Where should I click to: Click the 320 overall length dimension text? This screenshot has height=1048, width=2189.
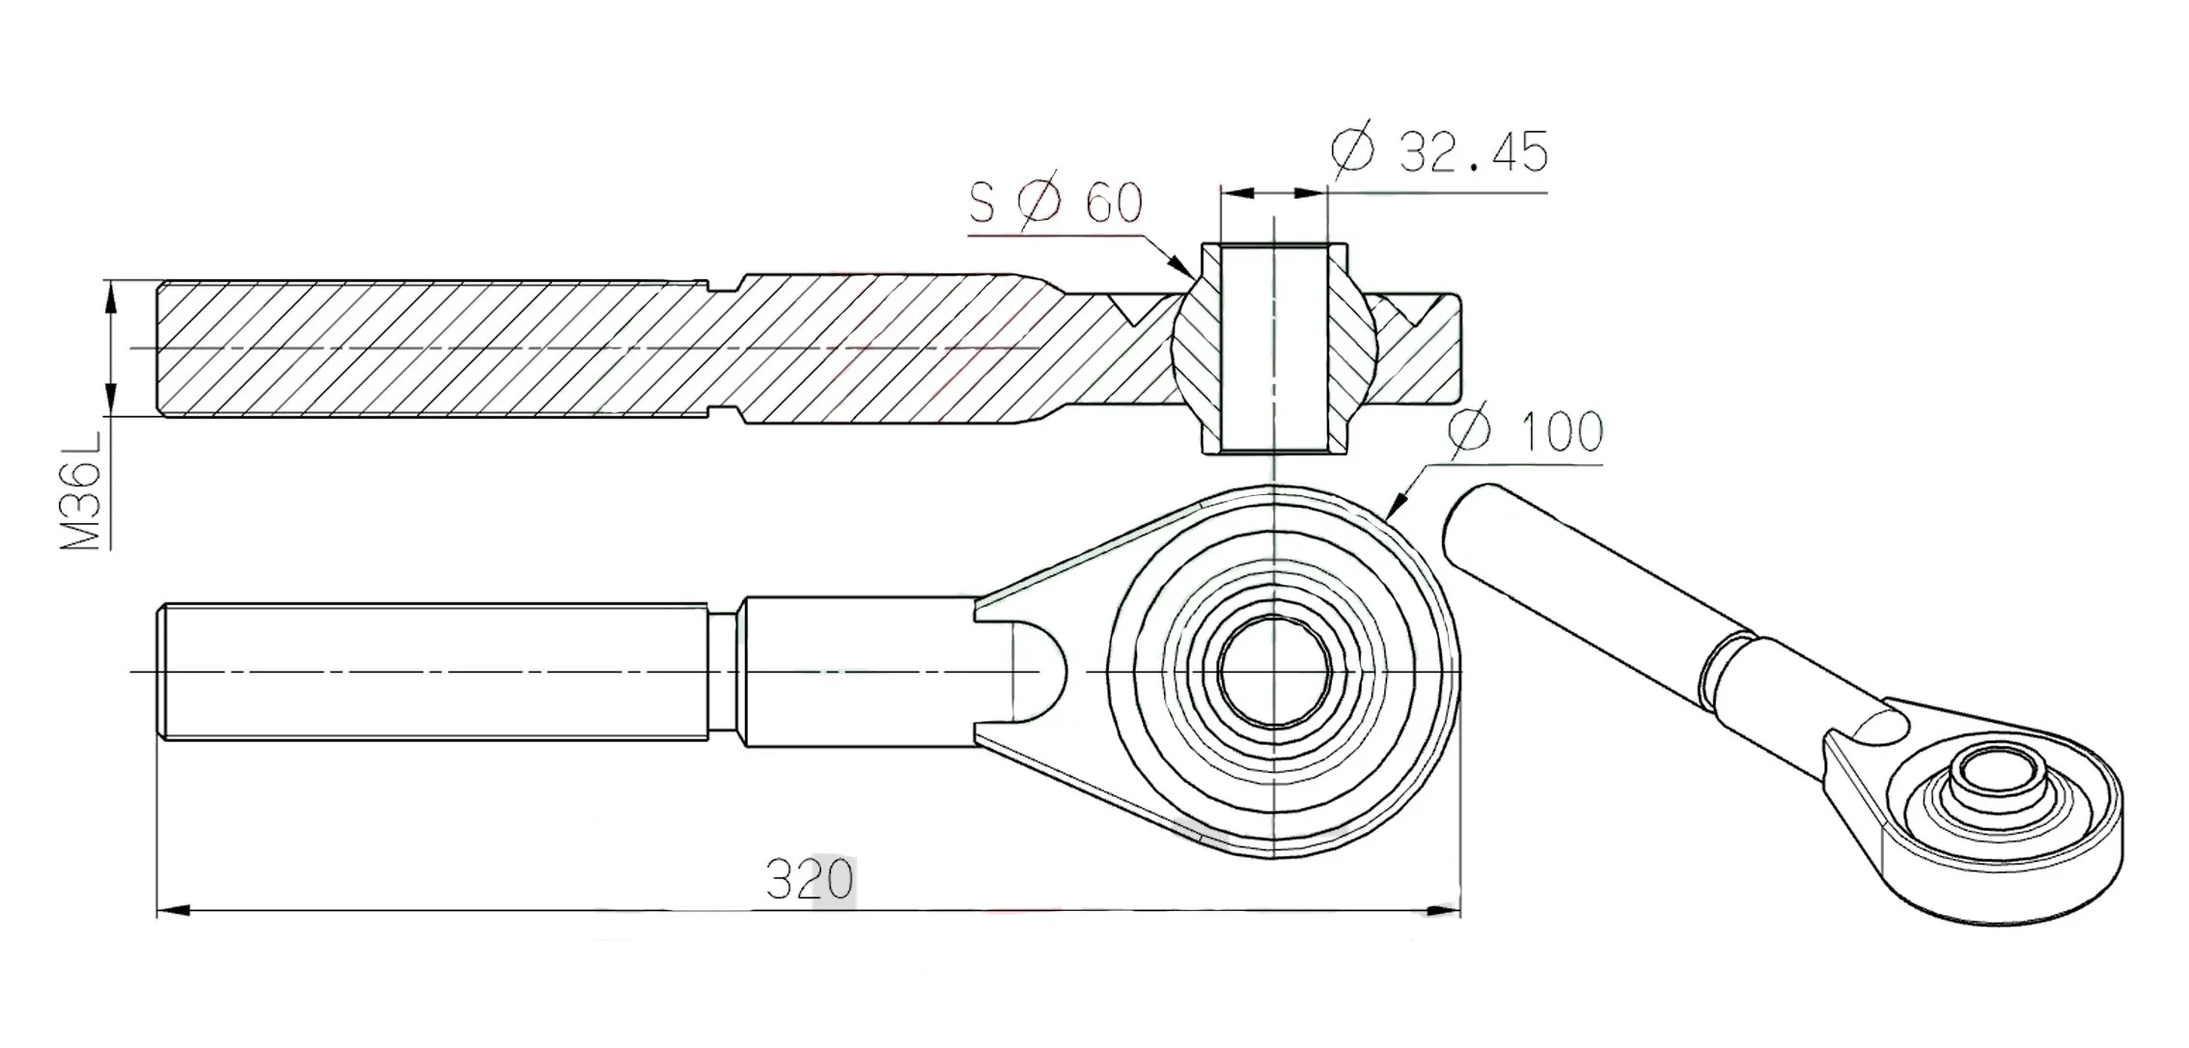pyautogui.click(x=810, y=880)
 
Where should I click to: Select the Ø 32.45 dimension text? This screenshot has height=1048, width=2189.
pyautogui.click(x=1439, y=152)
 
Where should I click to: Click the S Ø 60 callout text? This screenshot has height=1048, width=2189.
pyautogui.click(x=1056, y=203)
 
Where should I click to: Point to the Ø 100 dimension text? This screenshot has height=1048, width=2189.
pyautogui.click(x=1526, y=432)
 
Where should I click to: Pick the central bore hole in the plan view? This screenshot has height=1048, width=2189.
pyautogui.click(x=1274, y=671)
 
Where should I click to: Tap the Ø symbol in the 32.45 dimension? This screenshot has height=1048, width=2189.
pyautogui.click(x=1351, y=152)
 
